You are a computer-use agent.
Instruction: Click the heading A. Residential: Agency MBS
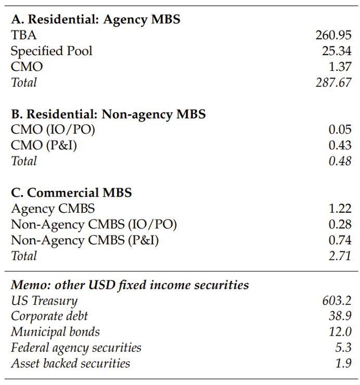[x=96, y=19]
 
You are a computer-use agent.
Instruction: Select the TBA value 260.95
[x=333, y=35]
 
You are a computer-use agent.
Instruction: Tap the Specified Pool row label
[x=52, y=51]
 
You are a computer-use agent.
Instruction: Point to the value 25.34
[x=337, y=51]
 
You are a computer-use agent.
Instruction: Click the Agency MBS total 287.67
[x=333, y=82]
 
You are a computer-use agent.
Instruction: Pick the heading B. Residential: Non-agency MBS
[x=108, y=114]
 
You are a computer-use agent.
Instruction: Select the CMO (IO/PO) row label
[x=53, y=130]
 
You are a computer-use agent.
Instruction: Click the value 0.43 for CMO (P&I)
[x=340, y=146]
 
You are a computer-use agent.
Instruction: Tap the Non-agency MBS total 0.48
[x=340, y=161]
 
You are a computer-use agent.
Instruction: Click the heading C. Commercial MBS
[x=71, y=193]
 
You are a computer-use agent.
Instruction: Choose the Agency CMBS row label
[x=53, y=209]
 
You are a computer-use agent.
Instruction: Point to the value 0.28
[x=340, y=225]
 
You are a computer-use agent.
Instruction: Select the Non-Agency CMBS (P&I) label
[x=85, y=240]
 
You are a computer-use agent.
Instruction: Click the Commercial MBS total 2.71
[x=340, y=256]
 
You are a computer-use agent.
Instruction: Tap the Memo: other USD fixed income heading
[x=130, y=285]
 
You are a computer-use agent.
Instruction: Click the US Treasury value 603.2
[x=337, y=301]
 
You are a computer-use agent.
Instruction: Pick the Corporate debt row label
[x=49, y=316]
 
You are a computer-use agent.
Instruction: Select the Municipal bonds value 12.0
[x=340, y=332]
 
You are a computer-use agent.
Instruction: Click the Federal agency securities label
[x=76, y=348]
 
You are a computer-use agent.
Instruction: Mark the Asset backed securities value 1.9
[x=343, y=363]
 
